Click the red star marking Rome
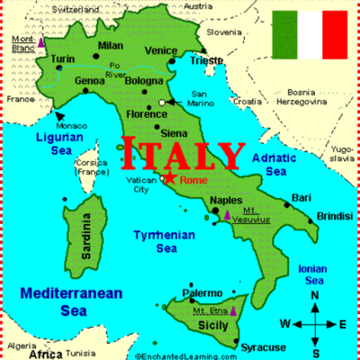tap(169, 177)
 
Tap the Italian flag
tap(310, 34)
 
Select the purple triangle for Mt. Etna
tap(231, 310)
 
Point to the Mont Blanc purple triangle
tap(41, 41)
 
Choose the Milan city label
tap(110, 45)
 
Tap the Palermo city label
tap(202, 293)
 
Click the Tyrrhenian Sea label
tap(155, 241)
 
